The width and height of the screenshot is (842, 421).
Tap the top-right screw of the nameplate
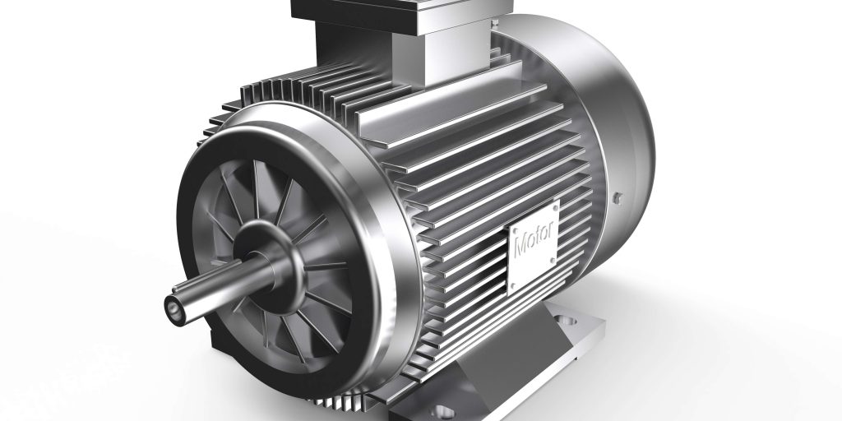coord(555,207)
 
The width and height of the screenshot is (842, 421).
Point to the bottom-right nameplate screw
coord(553,261)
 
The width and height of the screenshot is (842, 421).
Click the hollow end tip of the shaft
coord(174,309)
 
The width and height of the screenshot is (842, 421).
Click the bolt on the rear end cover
coord(617,198)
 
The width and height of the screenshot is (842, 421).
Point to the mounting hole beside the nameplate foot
coord(566,321)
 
